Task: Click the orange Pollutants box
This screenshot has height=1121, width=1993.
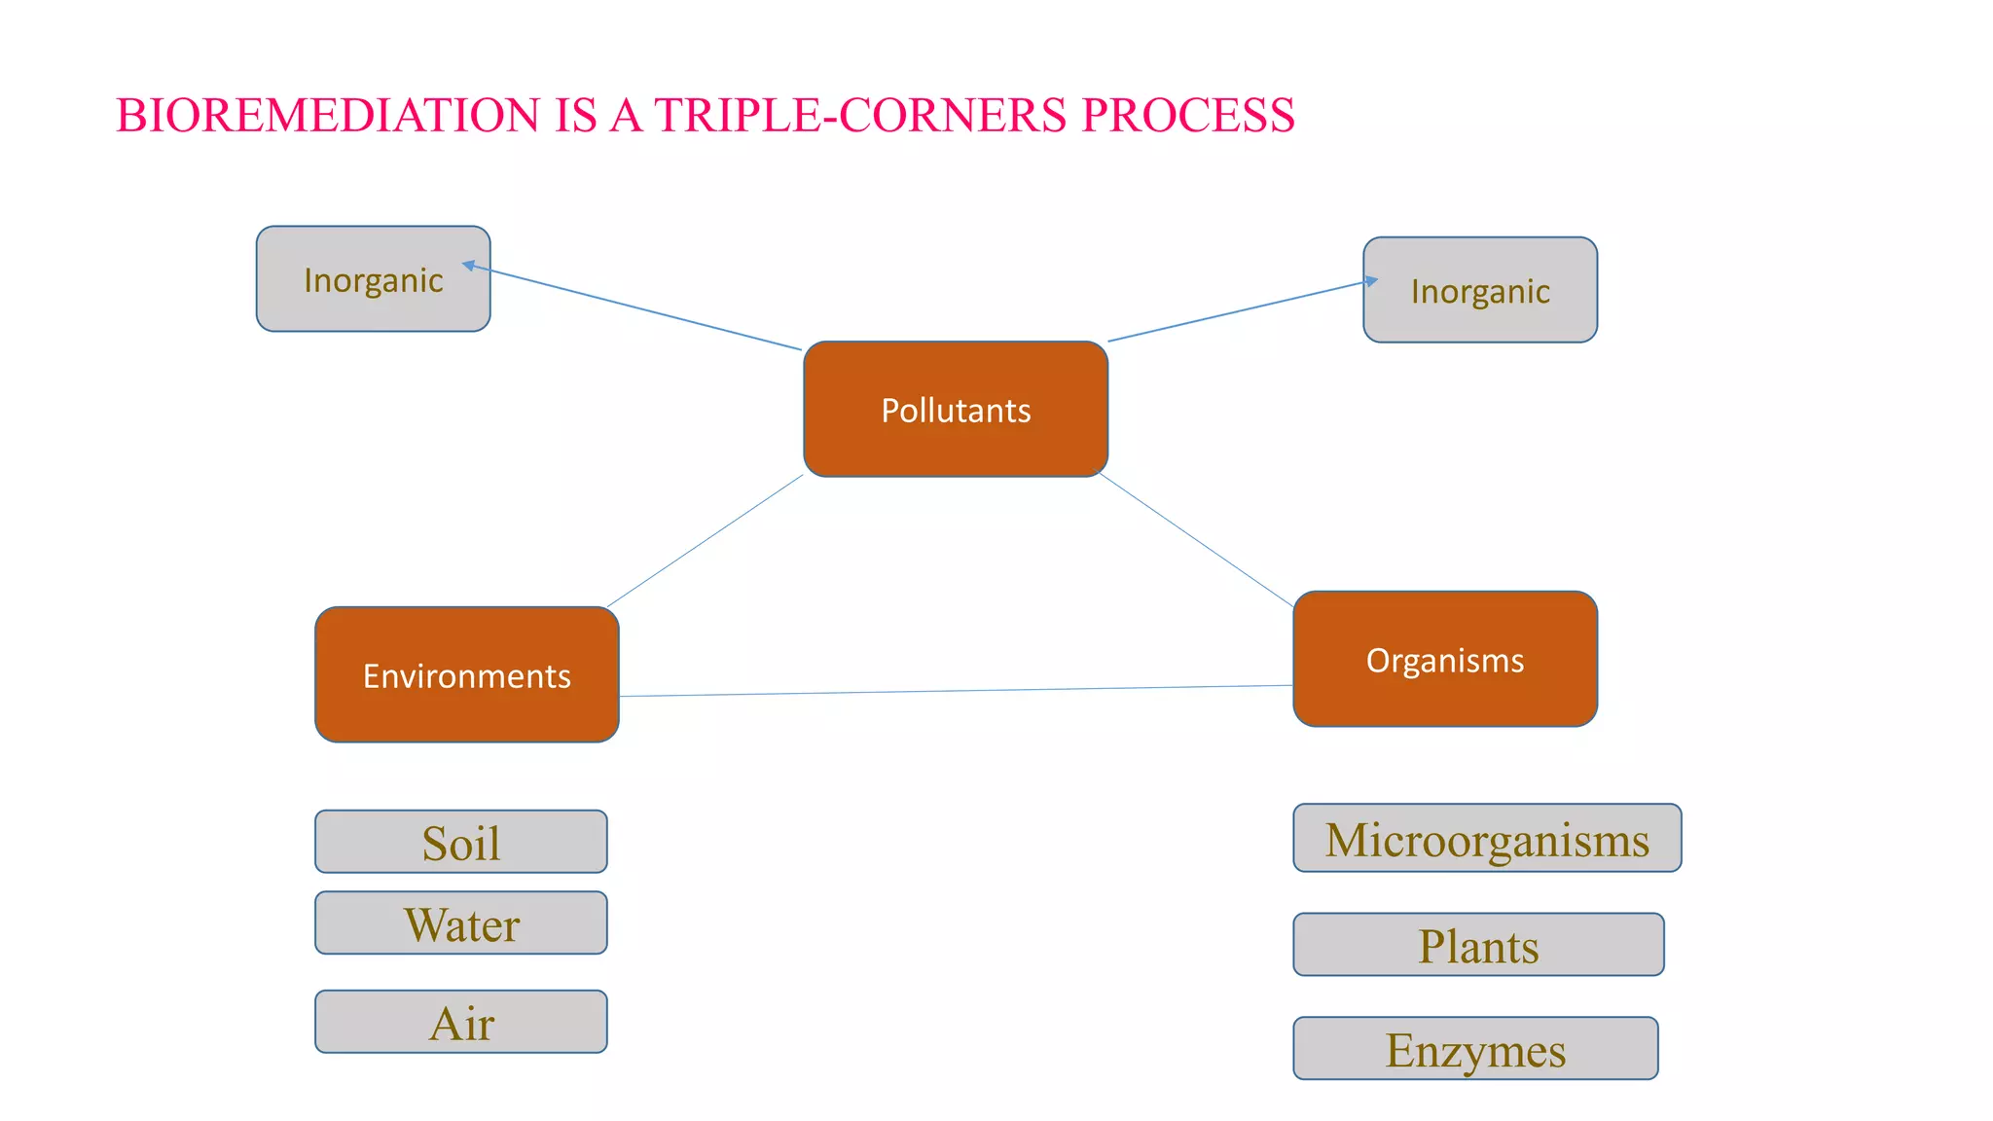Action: (x=956, y=409)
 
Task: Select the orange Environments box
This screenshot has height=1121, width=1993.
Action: (x=467, y=674)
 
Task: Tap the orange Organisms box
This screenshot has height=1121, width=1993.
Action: (x=1445, y=659)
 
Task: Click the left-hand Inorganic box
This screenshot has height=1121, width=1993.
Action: (x=373, y=279)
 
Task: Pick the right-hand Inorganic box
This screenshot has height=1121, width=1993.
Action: (x=1480, y=290)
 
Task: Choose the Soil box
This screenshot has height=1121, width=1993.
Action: (x=461, y=842)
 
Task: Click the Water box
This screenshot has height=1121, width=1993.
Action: (x=461, y=922)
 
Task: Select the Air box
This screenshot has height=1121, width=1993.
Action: (x=461, y=1022)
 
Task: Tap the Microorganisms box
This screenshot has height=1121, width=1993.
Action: (x=1487, y=838)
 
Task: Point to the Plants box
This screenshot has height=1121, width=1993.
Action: (x=1478, y=945)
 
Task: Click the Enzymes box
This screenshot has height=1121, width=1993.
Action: (x=1475, y=1049)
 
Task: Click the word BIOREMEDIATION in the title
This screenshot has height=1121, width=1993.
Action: (x=327, y=115)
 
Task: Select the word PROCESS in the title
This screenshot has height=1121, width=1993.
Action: (x=1188, y=115)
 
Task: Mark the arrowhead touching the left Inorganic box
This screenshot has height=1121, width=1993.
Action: (x=468, y=265)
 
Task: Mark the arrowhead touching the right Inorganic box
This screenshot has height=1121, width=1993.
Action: (x=1371, y=280)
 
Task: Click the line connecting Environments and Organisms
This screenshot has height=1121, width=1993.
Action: (x=956, y=691)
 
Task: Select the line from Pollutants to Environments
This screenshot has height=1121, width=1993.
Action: (x=706, y=541)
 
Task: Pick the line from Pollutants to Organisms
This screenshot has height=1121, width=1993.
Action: (x=1196, y=540)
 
